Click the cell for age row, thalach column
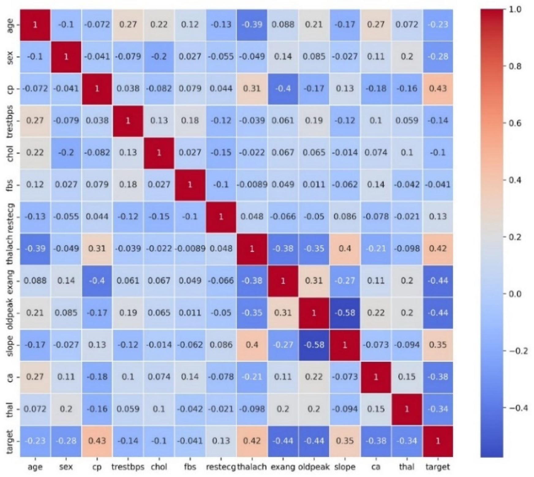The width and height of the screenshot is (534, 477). tap(252, 24)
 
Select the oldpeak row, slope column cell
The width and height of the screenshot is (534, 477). tap(345, 313)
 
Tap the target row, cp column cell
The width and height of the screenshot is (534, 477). tap(97, 441)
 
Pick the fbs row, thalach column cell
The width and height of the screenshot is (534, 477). tap(252, 184)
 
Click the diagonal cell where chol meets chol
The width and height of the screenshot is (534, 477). tap(159, 152)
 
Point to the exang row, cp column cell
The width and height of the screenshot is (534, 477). tap(97, 281)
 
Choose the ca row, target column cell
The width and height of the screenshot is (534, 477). tap(438, 377)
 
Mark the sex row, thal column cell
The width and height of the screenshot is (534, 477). tap(407, 57)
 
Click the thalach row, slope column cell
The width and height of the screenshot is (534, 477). tap(345, 248)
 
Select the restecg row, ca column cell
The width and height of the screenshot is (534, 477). tap(376, 217)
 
